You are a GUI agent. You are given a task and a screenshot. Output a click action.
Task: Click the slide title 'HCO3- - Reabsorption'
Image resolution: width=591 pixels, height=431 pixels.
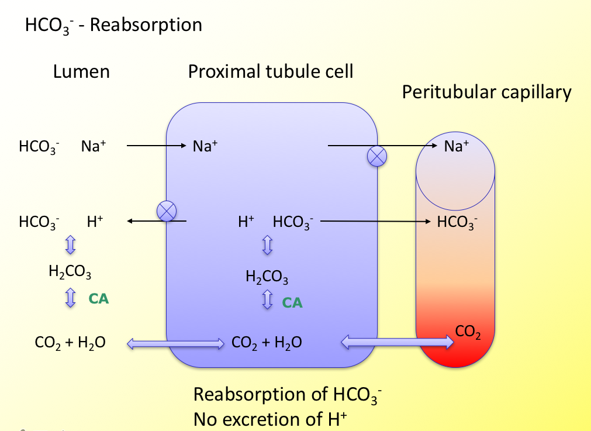click(113, 26)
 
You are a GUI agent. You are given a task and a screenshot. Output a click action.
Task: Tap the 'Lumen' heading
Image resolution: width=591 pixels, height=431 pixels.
click(81, 71)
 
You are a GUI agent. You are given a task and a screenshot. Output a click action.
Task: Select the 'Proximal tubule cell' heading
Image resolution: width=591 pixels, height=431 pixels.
click(271, 71)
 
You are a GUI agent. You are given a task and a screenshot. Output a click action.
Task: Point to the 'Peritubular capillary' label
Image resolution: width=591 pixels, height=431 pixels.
click(486, 92)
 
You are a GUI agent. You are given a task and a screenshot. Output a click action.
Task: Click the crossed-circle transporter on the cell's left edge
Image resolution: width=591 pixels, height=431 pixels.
click(167, 211)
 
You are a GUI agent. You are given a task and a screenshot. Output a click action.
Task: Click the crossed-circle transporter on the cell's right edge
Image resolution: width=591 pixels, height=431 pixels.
click(376, 156)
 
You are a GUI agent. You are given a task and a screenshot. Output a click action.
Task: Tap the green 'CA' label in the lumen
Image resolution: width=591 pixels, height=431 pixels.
click(99, 299)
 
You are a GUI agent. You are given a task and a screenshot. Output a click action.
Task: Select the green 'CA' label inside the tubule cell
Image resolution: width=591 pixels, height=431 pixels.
click(292, 302)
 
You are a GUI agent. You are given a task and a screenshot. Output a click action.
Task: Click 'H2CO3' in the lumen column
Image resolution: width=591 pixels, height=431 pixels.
click(70, 272)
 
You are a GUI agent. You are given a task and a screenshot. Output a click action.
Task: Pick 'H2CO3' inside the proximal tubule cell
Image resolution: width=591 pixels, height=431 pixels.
click(267, 276)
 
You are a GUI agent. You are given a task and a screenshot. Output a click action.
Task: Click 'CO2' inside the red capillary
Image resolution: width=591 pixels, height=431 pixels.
click(468, 332)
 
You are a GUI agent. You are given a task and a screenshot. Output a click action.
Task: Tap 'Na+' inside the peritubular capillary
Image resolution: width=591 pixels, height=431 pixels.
click(457, 146)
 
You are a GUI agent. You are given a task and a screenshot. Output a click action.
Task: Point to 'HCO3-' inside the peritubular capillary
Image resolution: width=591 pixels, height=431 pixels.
click(457, 222)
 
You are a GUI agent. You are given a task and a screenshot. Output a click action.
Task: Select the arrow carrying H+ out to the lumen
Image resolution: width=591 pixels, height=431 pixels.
click(157, 221)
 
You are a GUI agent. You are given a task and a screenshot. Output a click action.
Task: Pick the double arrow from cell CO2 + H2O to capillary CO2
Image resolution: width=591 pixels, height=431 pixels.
click(398, 342)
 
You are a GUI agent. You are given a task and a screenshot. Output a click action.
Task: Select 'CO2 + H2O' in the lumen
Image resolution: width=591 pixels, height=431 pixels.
click(70, 343)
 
